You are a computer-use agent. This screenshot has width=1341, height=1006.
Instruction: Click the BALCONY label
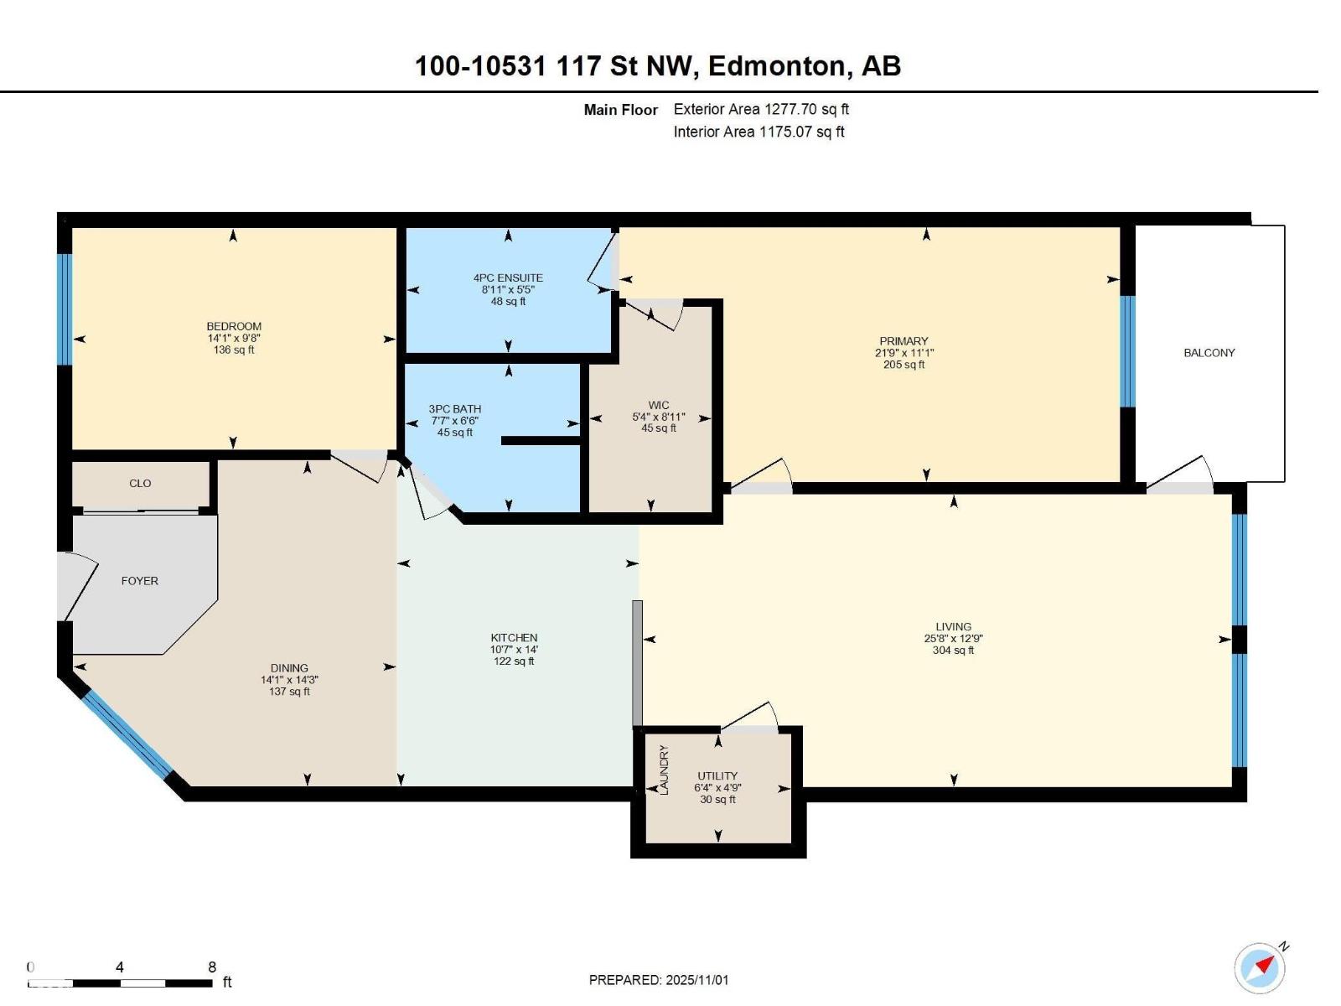(x=1209, y=353)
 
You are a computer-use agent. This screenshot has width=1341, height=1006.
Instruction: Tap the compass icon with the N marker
(x=1260, y=968)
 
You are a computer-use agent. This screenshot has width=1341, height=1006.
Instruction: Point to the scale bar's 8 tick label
(x=212, y=967)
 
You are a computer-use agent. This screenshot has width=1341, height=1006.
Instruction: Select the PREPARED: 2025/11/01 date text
(x=659, y=980)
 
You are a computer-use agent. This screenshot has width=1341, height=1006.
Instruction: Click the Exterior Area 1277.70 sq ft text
(x=761, y=109)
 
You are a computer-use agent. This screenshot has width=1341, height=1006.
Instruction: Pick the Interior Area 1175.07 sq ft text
(x=759, y=132)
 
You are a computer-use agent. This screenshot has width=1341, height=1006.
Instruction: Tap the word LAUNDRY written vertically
(x=664, y=770)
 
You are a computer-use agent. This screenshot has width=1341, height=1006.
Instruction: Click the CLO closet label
(x=140, y=484)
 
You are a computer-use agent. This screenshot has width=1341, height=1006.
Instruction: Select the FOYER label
(x=139, y=581)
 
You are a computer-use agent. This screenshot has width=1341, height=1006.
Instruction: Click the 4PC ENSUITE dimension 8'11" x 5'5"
(x=508, y=290)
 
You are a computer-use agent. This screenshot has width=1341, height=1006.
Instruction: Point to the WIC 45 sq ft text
(x=659, y=428)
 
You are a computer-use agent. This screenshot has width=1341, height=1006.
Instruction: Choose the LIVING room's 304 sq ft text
(x=953, y=651)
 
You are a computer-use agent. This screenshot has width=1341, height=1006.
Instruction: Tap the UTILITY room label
(x=717, y=776)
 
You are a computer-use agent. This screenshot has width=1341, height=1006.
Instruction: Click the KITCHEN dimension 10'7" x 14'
(x=514, y=650)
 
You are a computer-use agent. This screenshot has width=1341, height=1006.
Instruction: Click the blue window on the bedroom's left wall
(x=65, y=309)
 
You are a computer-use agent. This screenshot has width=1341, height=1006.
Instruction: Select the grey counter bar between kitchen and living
(x=637, y=663)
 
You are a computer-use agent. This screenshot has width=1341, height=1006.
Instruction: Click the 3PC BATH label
(x=455, y=409)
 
